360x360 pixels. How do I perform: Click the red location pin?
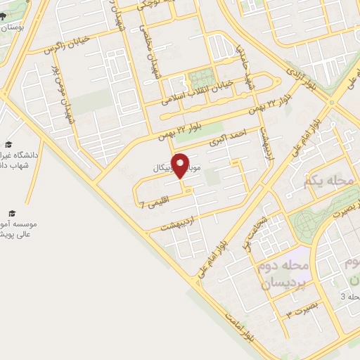click(x=181, y=165)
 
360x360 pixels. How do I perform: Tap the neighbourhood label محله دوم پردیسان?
click(x=285, y=276)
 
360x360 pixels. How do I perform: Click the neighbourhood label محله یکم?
click(x=327, y=182)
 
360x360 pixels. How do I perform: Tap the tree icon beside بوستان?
click(x=4, y=15)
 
